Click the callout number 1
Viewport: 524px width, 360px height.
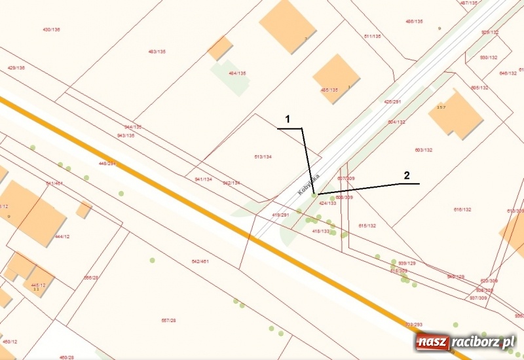[287, 119]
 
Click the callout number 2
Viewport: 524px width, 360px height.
[407, 175]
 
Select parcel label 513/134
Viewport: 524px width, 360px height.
[263, 156]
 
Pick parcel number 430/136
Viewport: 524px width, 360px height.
[51, 29]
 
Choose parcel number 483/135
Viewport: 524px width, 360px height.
[157, 52]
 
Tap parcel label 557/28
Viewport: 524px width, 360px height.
[169, 320]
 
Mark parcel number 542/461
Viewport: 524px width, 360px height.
[200, 261]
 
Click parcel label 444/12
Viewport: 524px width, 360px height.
[62, 236]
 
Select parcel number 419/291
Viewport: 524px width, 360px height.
[280, 215]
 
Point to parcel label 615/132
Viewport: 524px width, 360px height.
[367, 226]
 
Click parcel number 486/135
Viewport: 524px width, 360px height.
[414, 22]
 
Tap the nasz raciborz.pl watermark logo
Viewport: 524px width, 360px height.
[466, 342]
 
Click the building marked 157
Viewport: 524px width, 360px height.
[455, 115]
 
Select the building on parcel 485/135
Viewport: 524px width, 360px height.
[336, 78]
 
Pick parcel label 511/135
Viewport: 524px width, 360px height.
[372, 36]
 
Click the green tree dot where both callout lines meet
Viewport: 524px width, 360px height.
[314, 194]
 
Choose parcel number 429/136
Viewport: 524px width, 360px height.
[16, 67]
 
